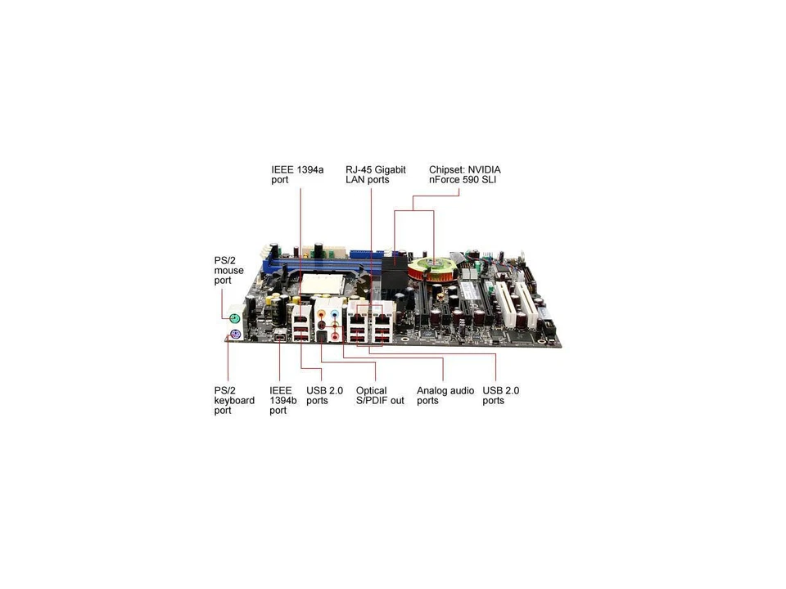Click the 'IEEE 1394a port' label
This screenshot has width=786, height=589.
pos(297,174)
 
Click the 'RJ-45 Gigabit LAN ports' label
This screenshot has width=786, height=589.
pos(376,174)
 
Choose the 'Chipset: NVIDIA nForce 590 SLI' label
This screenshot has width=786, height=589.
pos(465,174)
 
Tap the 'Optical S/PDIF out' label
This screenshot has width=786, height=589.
pos(380,396)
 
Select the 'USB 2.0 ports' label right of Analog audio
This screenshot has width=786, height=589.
pos(501,396)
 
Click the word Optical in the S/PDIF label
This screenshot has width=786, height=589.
pos(371,391)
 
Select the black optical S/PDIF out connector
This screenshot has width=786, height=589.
pos(323,335)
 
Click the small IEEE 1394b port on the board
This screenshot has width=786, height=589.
pos(281,337)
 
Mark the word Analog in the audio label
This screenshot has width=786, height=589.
pos(434,391)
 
